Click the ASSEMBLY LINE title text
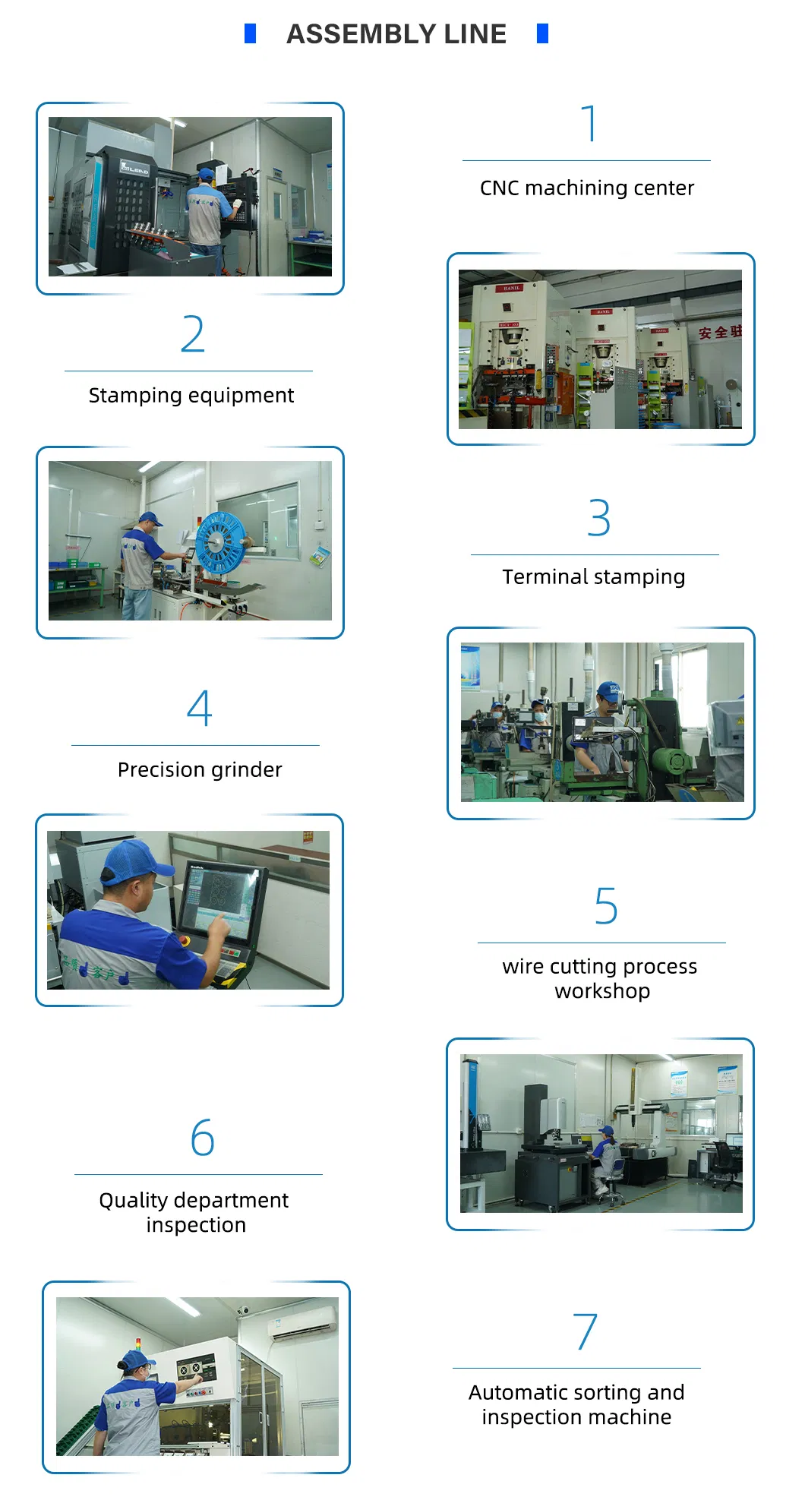tap(396, 34)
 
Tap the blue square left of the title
tap(250, 33)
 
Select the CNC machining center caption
tap(586, 188)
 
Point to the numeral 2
tap(192, 334)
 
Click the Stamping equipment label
tap(191, 395)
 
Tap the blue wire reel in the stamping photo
tap(219, 542)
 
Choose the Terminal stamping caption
tap(593, 576)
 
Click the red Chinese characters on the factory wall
tap(719, 332)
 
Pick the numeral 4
tap(199, 708)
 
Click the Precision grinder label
tap(199, 769)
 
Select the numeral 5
tap(605, 906)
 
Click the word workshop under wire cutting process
tap(601, 991)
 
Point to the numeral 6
tap(202, 1138)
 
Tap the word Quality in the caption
tap(133, 1200)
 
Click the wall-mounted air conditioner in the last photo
tap(301, 1322)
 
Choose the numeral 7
tap(585, 1331)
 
